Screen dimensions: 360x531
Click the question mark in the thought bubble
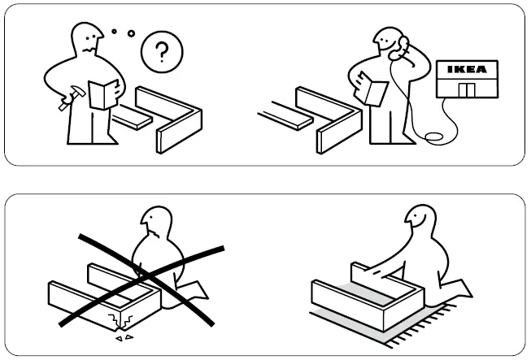tap(162, 54)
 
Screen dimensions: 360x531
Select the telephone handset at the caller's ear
tap(399, 49)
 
